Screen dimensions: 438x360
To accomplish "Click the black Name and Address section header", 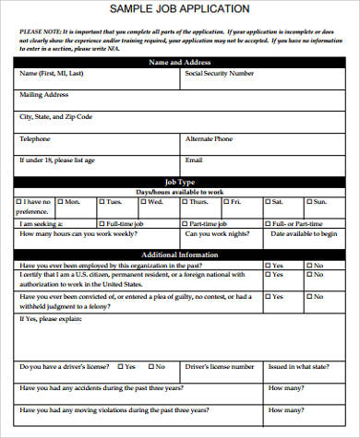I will (x=179, y=63).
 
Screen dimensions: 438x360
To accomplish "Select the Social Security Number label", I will (x=220, y=73).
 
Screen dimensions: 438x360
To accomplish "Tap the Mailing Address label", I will (x=44, y=94).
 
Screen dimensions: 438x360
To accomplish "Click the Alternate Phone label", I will (x=210, y=138).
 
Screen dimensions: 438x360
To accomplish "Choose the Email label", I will (x=195, y=160).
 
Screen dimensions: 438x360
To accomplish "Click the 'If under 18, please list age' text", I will (x=57, y=160).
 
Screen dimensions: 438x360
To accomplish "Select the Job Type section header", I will (x=179, y=183).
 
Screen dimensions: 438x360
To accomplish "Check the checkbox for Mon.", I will (x=61, y=201).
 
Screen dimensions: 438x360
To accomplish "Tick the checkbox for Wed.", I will (x=143, y=201).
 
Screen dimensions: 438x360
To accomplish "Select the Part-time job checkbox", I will (x=185, y=223).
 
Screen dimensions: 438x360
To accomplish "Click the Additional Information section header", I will (x=179, y=255).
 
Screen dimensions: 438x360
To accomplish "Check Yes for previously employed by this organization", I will (x=269, y=265).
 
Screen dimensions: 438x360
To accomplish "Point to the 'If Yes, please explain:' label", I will (x=50, y=319).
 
